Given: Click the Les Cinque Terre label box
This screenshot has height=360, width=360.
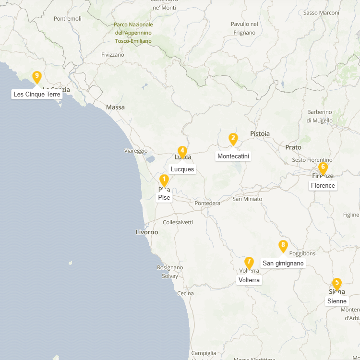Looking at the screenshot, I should [x=37, y=94].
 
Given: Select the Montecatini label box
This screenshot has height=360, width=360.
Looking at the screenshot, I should [x=233, y=156].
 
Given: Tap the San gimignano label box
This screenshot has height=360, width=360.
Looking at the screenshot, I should [x=283, y=263].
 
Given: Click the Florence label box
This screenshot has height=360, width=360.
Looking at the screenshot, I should [x=323, y=185].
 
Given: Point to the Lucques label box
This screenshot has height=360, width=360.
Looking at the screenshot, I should [x=182, y=169].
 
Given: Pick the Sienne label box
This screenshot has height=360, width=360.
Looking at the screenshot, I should [x=337, y=301].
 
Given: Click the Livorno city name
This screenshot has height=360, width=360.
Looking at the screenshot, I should [x=147, y=232].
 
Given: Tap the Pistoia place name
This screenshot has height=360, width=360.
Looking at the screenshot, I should [x=260, y=133].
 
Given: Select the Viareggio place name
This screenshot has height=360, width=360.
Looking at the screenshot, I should [x=136, y=151].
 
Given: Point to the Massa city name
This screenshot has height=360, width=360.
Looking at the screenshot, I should [x=115, y=107].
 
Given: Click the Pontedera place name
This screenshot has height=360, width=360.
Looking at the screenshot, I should [x=207, y=203].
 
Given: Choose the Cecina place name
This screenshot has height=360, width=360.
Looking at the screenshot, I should [x=185, y=293].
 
